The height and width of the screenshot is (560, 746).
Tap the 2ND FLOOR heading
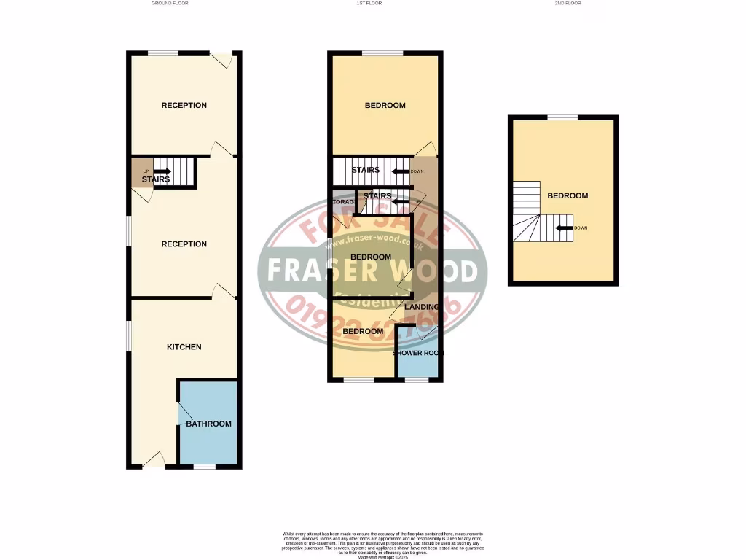click(x=568, y=3)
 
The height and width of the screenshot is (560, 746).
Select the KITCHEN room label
click(x=184, y=347)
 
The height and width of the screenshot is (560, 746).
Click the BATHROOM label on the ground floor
click(x=208, y=424)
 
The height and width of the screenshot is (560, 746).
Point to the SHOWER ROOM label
click(x=418, y=354)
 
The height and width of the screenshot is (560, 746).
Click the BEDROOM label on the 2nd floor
click(x=568, y=195)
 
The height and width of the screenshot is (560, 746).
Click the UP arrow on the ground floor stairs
click(x=162, y=171)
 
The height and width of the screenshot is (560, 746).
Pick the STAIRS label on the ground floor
click(x=156, y=179)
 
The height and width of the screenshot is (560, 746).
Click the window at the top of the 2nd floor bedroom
click(x=562, y=117)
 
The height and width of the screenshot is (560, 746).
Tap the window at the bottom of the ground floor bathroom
click(x=205, y=466)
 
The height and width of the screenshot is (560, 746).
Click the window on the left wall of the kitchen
click(x=130, y=335)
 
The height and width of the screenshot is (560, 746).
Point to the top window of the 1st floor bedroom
click(x=383, y=53)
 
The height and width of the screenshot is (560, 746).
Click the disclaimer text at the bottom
click(x=382, y=543)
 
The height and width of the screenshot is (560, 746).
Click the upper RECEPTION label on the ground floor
click(x=184, y=105)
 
